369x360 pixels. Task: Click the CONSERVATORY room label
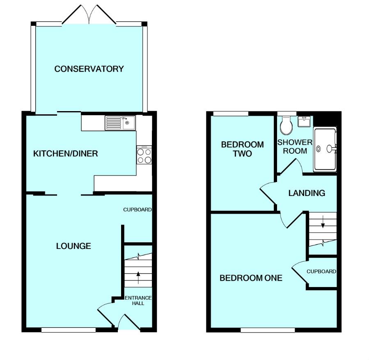point(89,68)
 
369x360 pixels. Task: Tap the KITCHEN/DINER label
point(65,153)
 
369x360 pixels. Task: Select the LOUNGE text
point(73,246)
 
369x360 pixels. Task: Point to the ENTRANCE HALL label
point(138,301)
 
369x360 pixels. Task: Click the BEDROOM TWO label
point(243,149)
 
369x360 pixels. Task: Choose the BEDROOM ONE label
point(251,278)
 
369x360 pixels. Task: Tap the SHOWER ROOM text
point(295,146)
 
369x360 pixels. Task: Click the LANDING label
point(307,193)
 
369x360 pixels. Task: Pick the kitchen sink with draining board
point(121,123)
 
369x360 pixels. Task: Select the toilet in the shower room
point(286,125)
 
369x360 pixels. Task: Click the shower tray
point(325,149)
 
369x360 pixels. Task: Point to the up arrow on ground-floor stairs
point(138,278)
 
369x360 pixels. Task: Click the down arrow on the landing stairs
point(323,221)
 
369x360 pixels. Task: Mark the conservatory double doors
point(89,14)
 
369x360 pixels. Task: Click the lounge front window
point(69,330)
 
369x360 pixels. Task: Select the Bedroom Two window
point(231,114)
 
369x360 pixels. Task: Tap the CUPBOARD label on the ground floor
point(138,210)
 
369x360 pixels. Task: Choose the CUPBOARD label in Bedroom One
point(321,271)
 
